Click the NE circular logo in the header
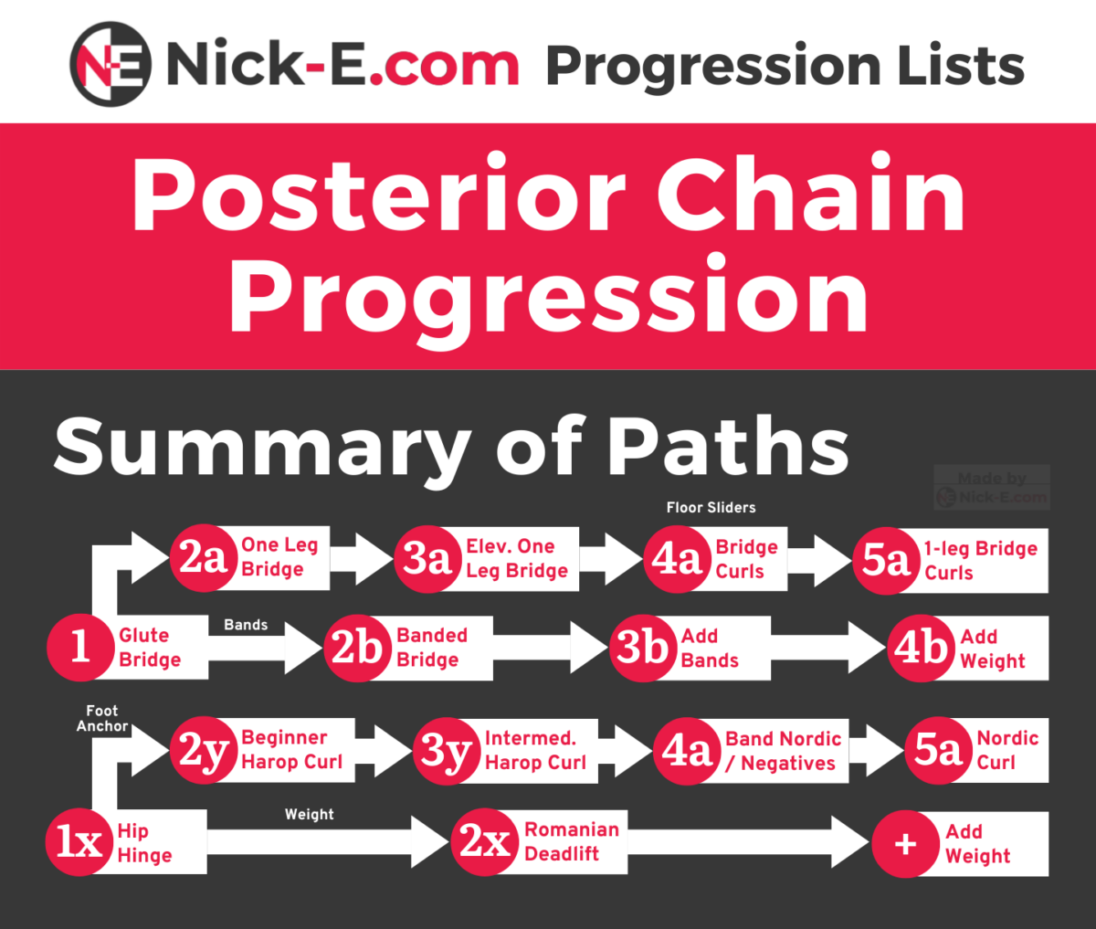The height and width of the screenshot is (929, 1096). pyautogui.click(x=111, y=64)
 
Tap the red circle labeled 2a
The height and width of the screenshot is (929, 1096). pyautogui.click(x=204, y=558)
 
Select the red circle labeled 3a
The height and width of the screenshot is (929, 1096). pyautogui.click(x=427, y=559)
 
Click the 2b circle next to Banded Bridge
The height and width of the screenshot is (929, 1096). pyautogui.click(x=357, y=648)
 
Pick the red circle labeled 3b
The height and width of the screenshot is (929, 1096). pyautogui.click(x=643, y=648)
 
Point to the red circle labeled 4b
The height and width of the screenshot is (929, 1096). pyautogui.click(x=922, y=648)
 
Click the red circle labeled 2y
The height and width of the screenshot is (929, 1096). pyautogui.click(x=204, y=750)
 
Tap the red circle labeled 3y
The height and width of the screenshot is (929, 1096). pyautogui.click(x=447, y=751)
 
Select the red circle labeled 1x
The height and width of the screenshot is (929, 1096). pyautogui.click(x=79, y=842)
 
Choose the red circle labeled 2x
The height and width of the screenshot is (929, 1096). pyautogui.click(x=485, y=842)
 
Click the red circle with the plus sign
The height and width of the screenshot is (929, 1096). pyautogui.click(x=906, y=844)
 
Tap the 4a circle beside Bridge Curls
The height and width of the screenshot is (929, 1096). pyautogui.click(x=677, y=559)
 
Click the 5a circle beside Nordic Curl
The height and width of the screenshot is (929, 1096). pyautogui.click(x=937, y=750)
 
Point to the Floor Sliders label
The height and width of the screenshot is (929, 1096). pyautogui.click(x=711, y=508)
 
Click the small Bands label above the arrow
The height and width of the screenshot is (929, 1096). pyautogui.click(x=246, y=625)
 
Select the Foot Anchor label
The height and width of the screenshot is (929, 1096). pyautogui.click(x=102, y=718)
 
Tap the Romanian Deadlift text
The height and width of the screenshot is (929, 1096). pyautogui.click(x=572, y=841)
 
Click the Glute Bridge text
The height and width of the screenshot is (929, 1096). pyautogui.click(x=150, y=648)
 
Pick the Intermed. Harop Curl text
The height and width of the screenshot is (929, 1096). pyautogui.click(x=535, y=750)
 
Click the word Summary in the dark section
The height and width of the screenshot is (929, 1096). pyautogui.click(x=262, y=447)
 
